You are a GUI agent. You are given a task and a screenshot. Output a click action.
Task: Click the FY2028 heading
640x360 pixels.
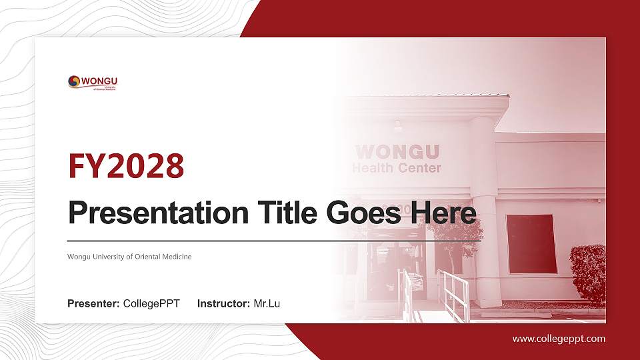(x=126, y=167)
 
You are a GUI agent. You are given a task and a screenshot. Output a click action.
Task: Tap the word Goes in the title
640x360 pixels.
(x=365, y=213)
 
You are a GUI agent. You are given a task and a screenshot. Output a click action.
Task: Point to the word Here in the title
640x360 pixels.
(x=445, y=213)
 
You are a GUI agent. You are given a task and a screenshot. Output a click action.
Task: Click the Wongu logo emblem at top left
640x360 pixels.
(x=74, y=81)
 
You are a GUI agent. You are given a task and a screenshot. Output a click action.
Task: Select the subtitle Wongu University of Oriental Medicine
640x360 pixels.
(x=129, y=257)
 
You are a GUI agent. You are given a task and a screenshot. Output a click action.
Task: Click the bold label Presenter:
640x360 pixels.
(x=93, y=304)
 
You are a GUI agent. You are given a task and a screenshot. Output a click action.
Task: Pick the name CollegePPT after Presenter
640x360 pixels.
(x=151, y=304)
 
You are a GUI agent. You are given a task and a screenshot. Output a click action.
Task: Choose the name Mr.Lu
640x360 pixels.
(x=267, y=304)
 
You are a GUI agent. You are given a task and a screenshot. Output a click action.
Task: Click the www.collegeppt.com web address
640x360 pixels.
(x=559, y=339)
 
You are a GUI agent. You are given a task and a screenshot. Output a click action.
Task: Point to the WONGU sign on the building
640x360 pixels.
(x=397, y=152)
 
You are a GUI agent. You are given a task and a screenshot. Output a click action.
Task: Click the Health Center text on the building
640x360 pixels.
(x=397, y=168)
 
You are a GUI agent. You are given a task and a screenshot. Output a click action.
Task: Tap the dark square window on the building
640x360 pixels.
(x=531, y=243)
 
